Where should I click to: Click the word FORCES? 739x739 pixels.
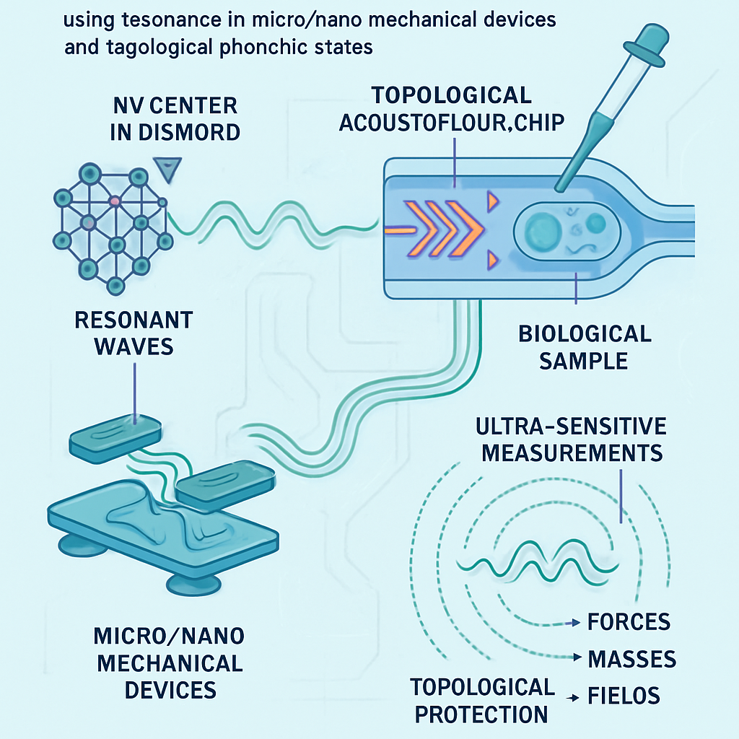tap(629, 622)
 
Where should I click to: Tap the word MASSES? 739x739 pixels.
tap(631, 659)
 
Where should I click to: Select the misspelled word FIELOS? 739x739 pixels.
tap(624, 696)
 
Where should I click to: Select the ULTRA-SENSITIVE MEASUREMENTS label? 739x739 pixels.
tap(571, 440)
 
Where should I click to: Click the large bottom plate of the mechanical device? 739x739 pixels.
tap(162, 531)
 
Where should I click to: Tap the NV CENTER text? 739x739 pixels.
tap(175, 105)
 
